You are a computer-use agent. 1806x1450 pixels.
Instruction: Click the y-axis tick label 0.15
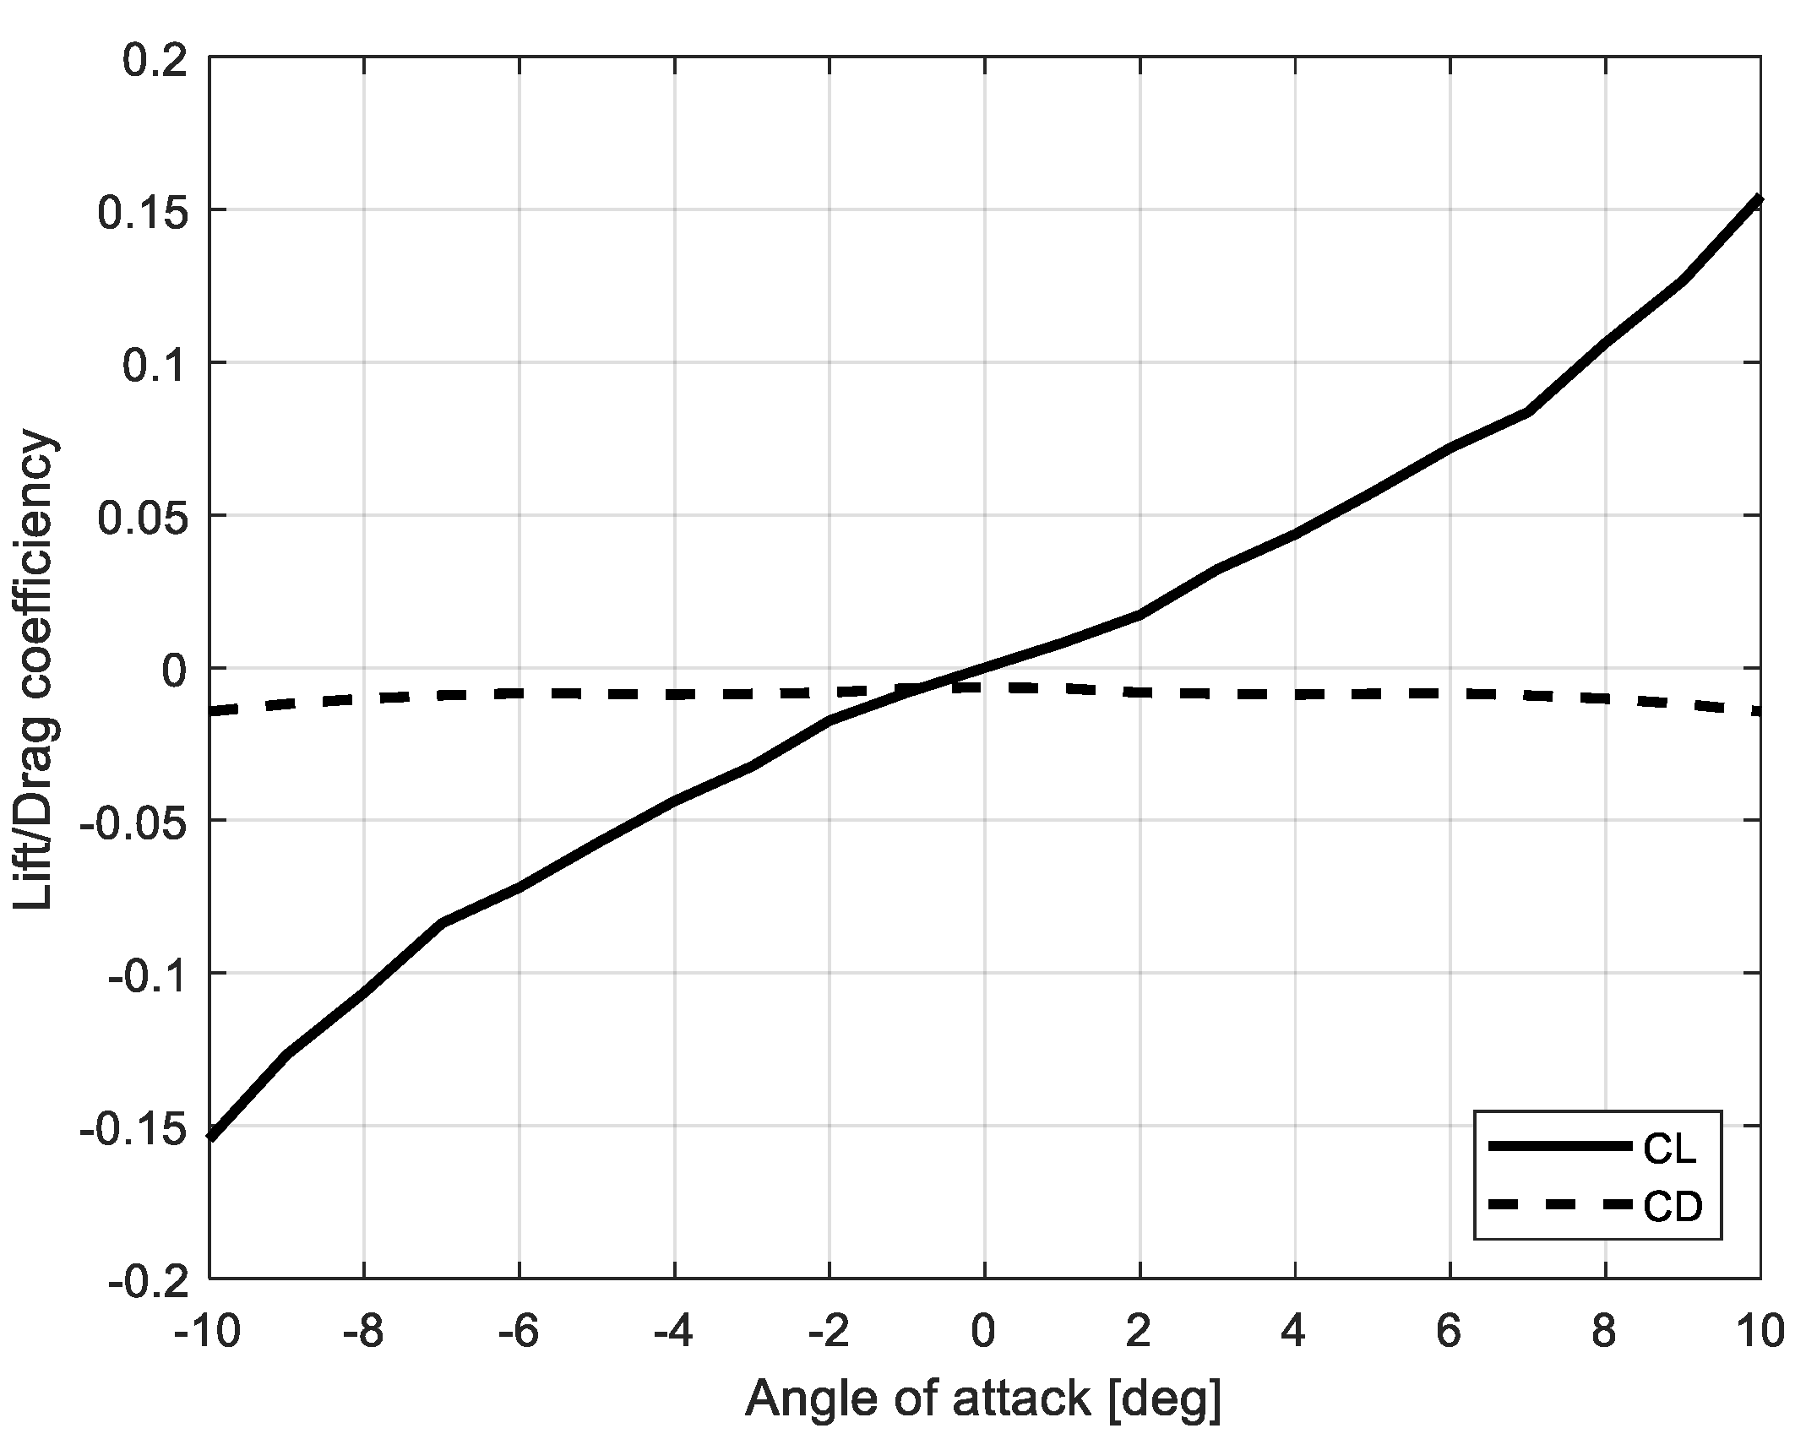[143, 211]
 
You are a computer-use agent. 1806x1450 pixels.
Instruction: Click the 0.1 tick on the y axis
[155, 364]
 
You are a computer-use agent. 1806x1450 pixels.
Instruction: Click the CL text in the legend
[1670, 1150]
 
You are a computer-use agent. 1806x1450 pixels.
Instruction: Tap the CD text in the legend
[1672, 1208]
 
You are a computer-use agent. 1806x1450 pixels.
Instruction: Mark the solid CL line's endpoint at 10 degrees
[1760, 199]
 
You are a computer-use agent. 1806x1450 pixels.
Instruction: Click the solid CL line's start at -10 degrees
[210, 1137]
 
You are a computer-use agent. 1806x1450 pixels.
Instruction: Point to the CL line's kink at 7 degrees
[1527, 412]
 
